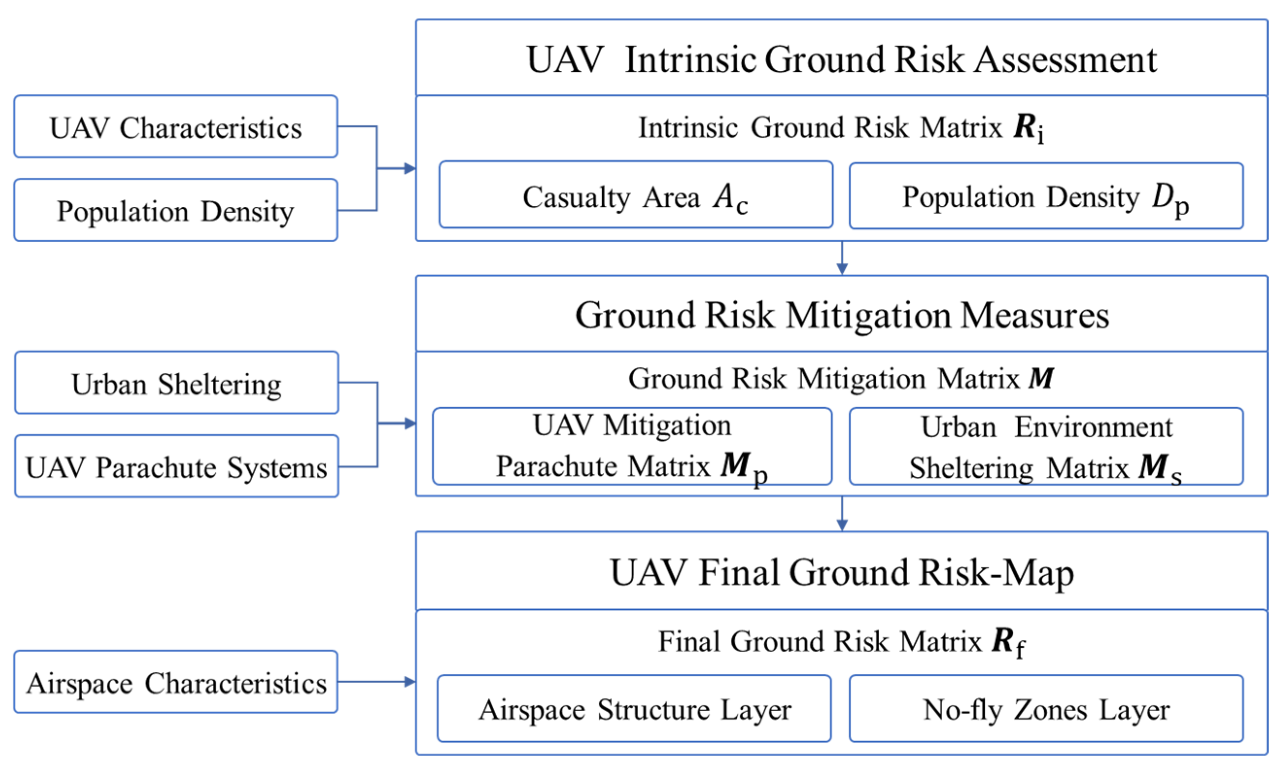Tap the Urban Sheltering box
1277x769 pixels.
(176, 383)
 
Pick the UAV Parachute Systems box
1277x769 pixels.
(176, 467)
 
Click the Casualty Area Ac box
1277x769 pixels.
(636, 195)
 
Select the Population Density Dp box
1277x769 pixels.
(1046, 196)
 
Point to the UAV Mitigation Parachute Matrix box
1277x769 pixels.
(632, 446)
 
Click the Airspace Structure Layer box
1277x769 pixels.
(634, 709)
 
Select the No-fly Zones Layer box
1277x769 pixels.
(1046, 709)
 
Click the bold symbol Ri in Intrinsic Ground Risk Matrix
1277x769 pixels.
(1029, 127)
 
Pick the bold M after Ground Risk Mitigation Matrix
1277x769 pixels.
(1041, 378)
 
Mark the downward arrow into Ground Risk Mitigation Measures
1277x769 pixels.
(842, 267)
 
